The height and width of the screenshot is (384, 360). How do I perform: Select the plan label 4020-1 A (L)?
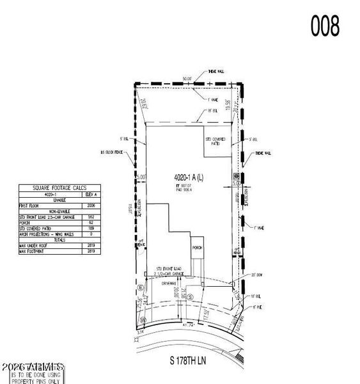tap(189, 177)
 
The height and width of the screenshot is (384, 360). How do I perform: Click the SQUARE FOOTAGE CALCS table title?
tap(53, 188)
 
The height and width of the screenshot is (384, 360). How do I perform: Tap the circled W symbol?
tap(144, 319)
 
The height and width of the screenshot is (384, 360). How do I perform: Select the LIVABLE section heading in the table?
tap(53, 200)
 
